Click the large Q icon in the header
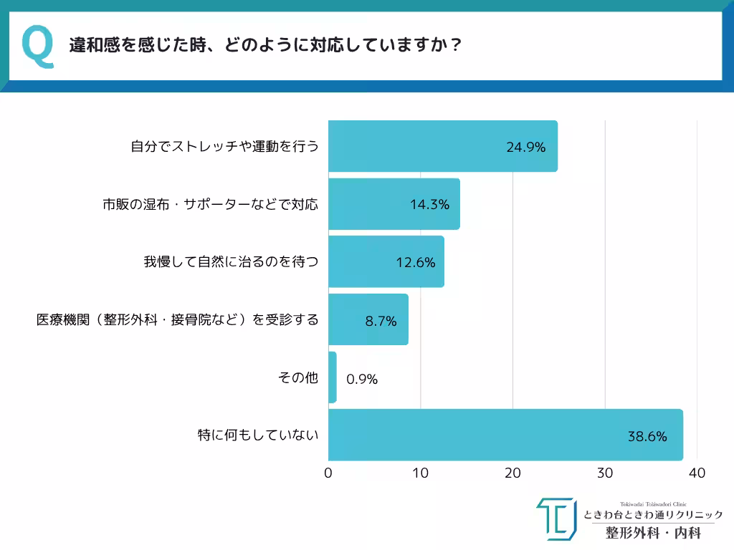point(38,47)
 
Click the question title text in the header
point(264,46)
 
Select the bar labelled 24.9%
point(442,146)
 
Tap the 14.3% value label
point(429,204)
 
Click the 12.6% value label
point(416,262)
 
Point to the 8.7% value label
point(381,321)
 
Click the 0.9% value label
point(361,379)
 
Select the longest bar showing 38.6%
point(505,435)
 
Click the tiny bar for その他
point(332,377)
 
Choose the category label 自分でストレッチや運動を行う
point(224,147)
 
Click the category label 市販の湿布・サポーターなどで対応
point(210,204)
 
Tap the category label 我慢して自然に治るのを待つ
point(231,262)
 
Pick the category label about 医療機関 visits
point(178,320)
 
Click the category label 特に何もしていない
point(258,435)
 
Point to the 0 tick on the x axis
point(328,473)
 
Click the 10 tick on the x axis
point(420,473)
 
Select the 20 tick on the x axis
point(513,473)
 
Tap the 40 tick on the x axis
point(697,473)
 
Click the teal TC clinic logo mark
point(556,519)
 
